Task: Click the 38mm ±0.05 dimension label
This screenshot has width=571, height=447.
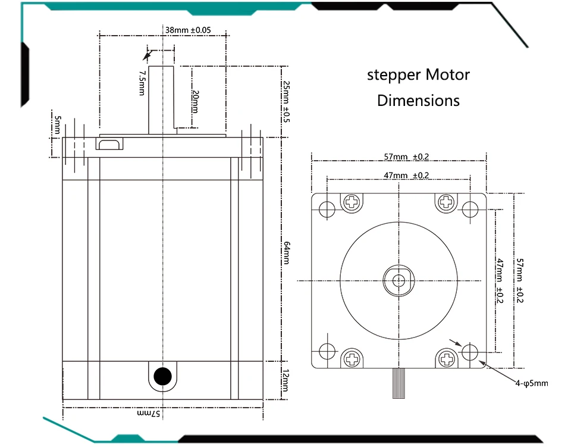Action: coord(188,30)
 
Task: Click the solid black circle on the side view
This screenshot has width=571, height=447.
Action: coord(162,376)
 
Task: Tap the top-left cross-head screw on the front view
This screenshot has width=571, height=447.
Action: coord(353,202)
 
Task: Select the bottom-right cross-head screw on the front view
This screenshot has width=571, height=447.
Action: coord(447,358)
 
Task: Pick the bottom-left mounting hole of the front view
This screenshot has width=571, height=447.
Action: coord(327,351)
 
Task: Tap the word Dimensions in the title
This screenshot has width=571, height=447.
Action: coord(418,101)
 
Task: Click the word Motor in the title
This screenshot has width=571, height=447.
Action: coord(447,75)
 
